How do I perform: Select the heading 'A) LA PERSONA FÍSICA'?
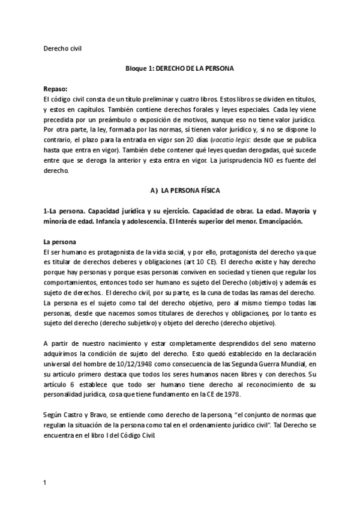185,190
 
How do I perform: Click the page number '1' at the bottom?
46,482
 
